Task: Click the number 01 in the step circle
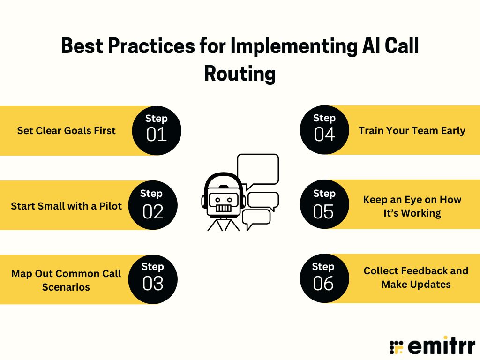tap(156, 135)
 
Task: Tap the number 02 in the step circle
tap(153, 211)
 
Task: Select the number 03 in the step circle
tap(153, 284)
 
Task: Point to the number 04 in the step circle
tap(324, 135)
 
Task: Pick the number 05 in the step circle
tap(323, 211)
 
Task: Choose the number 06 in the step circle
tap(323, 284)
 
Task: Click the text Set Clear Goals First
tap(66, 131)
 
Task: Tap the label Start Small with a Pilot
tap(66, 206)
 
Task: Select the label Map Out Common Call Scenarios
tap(66, 280)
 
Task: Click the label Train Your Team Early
tap(412, 131)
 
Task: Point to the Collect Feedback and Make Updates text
tap(416, 277)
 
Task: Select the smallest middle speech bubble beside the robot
tap(263, 200)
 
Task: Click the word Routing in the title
tap(240, 74)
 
